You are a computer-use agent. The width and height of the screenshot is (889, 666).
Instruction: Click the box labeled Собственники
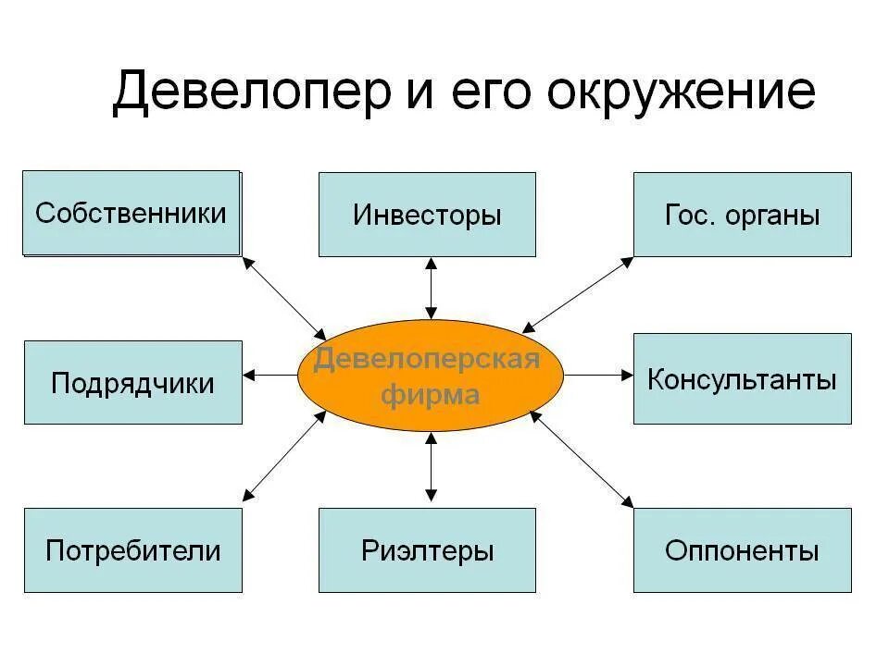click(x=131, y=213)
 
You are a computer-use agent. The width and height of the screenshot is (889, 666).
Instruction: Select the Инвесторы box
click(x=427, y=215)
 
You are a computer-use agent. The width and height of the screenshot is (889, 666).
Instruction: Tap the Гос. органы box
click(x=742, y=215)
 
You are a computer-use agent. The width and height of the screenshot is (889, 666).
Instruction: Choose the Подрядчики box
click(x=132, y=383)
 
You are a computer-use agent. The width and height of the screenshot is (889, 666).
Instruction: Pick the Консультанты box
click(x=742, y=379)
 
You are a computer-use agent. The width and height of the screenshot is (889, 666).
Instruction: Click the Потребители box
click(x=132, y=550)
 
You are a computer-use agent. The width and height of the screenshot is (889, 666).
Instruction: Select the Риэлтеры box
click(x=427, y=550)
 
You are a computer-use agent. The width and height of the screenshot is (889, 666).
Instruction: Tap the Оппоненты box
click(x=742, y=550)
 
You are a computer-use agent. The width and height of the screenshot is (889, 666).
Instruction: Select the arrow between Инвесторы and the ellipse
click(x=431, y=288)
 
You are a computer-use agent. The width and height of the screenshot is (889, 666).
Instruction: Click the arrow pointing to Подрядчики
click(x=271, y=375)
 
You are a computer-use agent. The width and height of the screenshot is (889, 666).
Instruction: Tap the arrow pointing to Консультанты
click(x=598, y=375)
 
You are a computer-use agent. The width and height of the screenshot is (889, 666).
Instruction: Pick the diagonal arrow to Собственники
click(x=284, y=297)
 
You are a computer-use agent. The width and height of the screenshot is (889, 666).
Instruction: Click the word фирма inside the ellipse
click(x=431, y=396)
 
